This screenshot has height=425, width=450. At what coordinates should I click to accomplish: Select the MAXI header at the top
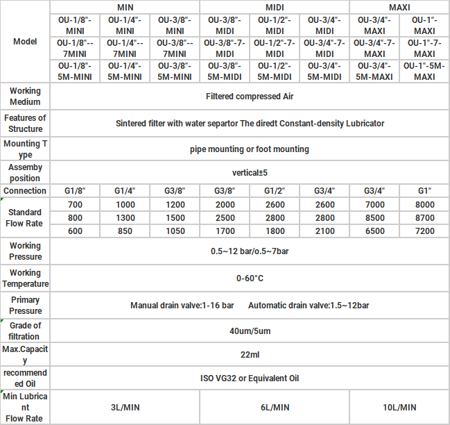(x=399, y=7)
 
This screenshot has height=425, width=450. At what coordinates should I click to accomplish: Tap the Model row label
(x=25, y=42)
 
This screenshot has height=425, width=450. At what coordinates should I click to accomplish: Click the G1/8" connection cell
(x=75, y=191)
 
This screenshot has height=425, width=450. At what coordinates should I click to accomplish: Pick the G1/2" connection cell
(x=275, y=191)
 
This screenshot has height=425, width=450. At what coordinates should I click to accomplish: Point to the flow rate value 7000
(x=374, y=205)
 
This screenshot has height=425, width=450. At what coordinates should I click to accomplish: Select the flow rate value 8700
(x=424, y=218)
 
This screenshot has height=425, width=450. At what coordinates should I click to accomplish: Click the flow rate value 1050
(x=175, y=231)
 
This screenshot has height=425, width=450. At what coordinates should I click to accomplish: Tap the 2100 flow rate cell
(x=324, y=231)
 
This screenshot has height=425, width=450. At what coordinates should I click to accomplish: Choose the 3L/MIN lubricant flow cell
(x=126, y=407)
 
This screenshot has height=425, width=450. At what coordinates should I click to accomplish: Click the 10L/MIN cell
(x=399, y=407)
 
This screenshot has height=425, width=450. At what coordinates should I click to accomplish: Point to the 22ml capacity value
(x=250, y=355)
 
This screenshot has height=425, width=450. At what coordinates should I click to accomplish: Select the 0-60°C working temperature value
(x=250, y=278)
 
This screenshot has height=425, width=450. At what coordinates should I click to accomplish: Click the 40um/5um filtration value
(x=250, y=331)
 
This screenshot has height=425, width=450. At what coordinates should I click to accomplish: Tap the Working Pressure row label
(x=25, y=251)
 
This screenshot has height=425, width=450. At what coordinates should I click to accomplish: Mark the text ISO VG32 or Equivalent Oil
(x=250, y=378)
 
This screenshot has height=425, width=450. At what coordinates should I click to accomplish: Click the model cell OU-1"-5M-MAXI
(x=424, y=71)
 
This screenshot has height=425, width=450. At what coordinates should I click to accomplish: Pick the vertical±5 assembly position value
(x=250, y=172)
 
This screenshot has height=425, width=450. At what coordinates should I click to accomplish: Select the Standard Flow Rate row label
(x=25, y=217)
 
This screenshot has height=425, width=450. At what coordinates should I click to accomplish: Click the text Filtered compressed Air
(x=250, y=97)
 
